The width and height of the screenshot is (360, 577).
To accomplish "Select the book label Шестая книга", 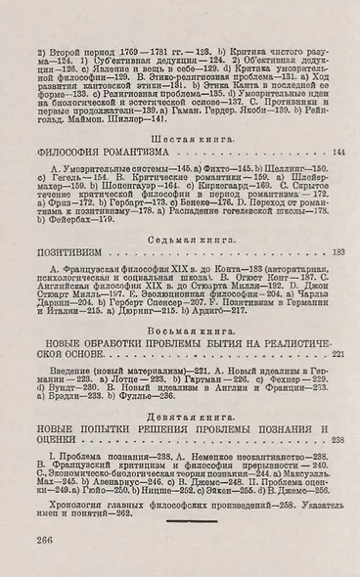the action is coord(179,138).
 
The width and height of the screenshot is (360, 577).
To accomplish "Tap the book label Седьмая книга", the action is coord(179,237).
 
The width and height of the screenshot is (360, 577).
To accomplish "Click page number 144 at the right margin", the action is coord(338,155).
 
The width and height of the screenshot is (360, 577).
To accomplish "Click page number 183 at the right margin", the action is coord(338,252).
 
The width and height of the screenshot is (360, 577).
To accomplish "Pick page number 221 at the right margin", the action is coord(338,354).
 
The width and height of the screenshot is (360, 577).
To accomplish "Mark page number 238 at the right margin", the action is coord(338,441).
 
